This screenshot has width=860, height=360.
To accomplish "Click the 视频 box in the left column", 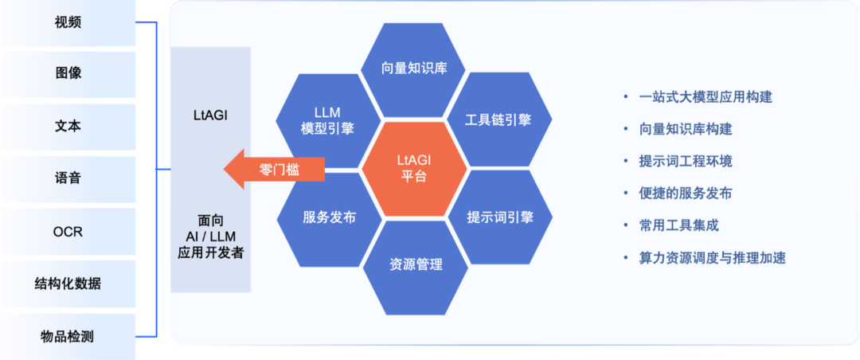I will coord(68,22).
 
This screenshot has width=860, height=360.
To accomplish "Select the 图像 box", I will coord(68,73).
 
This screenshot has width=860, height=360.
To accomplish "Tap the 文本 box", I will coord(68,126).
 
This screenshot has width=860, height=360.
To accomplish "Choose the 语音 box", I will coord(68,178).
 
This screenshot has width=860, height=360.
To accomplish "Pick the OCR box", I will coord(68,232).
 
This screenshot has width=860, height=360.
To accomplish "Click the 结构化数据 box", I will coord(68,284).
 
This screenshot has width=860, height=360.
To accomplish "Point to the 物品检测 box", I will coord(68,337).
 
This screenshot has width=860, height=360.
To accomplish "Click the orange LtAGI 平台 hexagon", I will coord(412,168).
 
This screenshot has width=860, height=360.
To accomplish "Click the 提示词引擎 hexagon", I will coord(500,217).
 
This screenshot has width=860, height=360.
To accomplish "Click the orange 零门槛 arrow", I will coord(275,169).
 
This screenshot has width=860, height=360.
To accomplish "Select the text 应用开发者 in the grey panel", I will coord(211,253).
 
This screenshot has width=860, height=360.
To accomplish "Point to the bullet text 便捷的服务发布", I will coord(685,194).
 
